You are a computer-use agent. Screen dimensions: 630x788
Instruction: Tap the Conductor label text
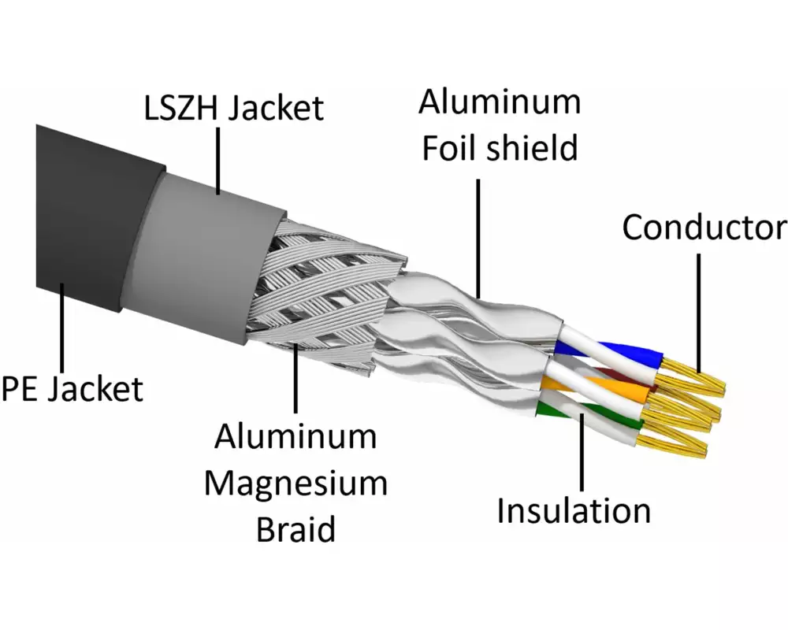[x=704, y=228]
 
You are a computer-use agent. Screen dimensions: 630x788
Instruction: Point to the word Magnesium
[x=295, y=482]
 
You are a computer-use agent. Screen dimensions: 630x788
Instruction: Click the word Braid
[x=295, y=529]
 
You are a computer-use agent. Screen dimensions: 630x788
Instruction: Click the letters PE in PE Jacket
[x=21, y=388]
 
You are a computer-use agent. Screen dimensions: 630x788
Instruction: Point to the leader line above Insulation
[x=582, y=453]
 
